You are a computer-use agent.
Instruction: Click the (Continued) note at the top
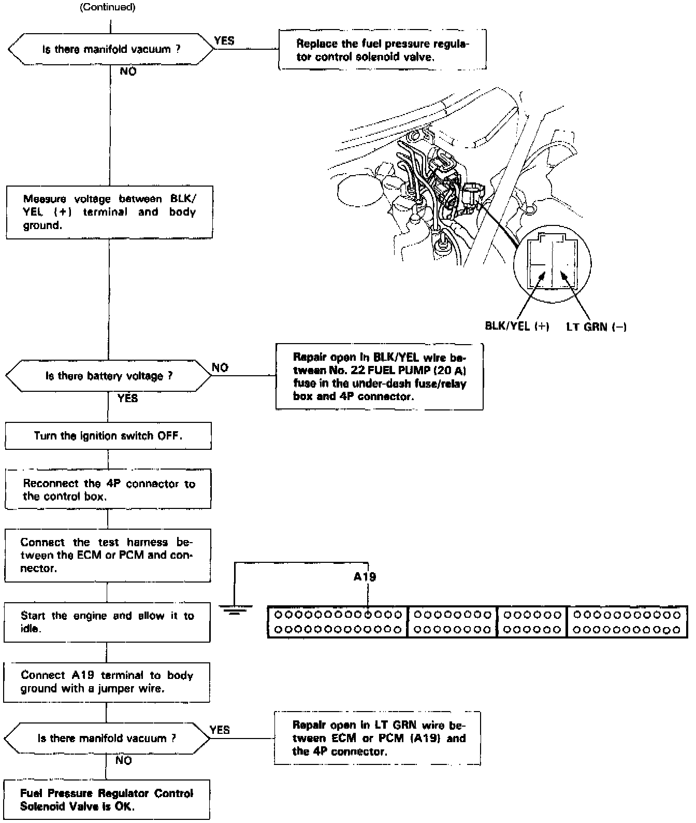tap(108, 7)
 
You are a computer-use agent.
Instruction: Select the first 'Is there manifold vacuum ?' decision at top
tap(111, 50)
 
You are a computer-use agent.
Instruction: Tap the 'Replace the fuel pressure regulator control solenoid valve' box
tap(382, 50)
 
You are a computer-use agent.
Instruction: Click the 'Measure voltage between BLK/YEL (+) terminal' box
tap(109, 212)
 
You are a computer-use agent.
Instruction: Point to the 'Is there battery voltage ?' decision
tap(109, 376)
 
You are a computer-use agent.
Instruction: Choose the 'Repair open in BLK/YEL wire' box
tap(379, 377)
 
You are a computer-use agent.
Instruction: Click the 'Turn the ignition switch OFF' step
tap(108, 436)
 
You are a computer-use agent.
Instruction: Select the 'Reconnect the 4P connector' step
tap(108, 490)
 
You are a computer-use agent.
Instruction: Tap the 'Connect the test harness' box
tap(108, 556)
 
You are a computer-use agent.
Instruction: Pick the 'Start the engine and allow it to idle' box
tap(107, 622)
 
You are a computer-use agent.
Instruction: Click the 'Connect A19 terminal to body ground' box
tap(107, 682)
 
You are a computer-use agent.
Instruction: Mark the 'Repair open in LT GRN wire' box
tap(378, 738)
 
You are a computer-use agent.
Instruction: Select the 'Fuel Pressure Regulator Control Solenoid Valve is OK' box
tap(106, 800)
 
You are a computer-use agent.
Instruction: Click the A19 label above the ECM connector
tap(365, 576)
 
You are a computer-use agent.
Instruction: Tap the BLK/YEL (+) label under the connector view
tap(516, 327)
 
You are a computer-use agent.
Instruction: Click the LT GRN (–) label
tap(596, 327)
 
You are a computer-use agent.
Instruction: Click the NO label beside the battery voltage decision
tap(220, 367)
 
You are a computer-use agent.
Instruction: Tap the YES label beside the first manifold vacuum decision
tap(224, 40)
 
